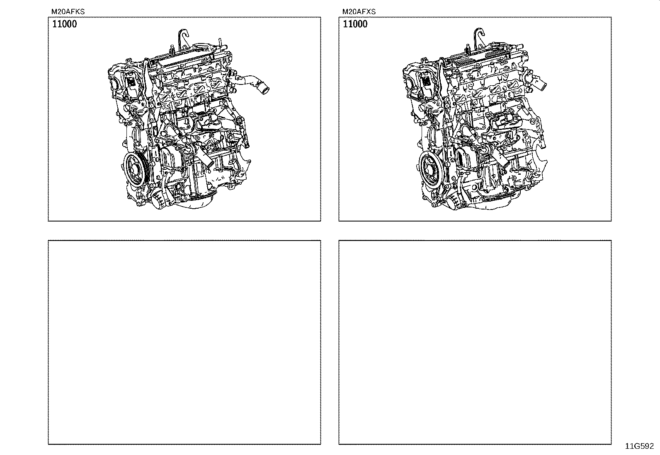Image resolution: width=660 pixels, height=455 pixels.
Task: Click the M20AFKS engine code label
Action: (x=68, y=12)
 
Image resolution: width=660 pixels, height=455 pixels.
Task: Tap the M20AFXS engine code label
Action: (x=359, y=12)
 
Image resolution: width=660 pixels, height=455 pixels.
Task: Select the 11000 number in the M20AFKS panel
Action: (x=65, y=24)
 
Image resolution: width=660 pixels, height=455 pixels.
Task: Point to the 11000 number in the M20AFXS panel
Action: (x=355, y=24)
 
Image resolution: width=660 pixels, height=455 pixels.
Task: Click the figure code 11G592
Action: (x=640, y=446)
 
